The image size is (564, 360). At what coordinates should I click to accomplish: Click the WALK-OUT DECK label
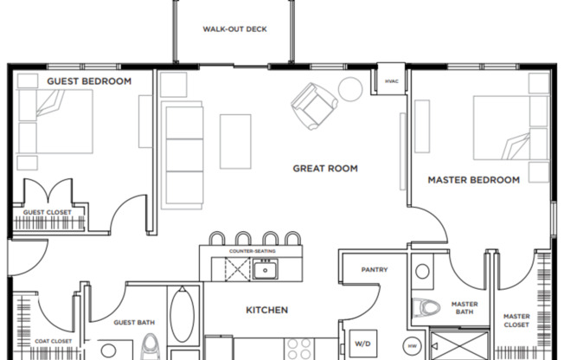click(x=234, y=29)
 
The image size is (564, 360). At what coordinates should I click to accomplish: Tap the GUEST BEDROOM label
click(x=89, y=81)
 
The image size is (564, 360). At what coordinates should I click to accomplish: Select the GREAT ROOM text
click(x=324, y=169)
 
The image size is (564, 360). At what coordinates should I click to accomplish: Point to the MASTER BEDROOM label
click(x=474, y=180)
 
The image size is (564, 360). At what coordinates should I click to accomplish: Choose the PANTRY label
click(x=374, y=270)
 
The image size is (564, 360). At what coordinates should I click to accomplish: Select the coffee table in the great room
click(x=235, y=141)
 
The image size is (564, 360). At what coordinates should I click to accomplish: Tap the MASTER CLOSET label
click(x=516, y=321)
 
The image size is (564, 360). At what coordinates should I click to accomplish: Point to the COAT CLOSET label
click(x=53, y=341)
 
